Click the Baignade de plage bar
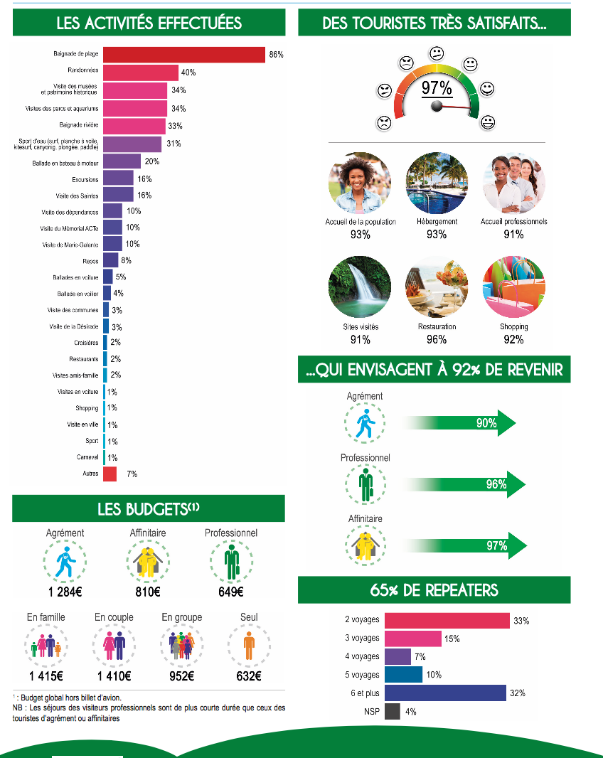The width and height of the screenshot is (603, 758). click(x=184, y=55)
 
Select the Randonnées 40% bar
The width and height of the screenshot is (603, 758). click(x=141, y=73)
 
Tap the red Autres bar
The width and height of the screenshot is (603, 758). click(x=110, y=474)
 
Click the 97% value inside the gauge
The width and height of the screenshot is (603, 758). click(x=437, y=88)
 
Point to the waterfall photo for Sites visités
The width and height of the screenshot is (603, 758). click(x=360, y=287)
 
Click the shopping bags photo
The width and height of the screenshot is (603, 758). click(x=513, y=287)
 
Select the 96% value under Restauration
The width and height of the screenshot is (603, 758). click(x=437, y=339)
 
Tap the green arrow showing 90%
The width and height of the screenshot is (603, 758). click(x=459, y=423)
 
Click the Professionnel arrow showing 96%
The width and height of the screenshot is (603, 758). click(x=464, y=484)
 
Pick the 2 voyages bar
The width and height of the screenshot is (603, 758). click(x=447, y=621)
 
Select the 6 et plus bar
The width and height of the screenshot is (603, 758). click(x=445, y=693)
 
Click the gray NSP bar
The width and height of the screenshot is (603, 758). click(x=393, y=712)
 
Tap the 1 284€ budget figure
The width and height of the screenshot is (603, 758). click(x=65, y=592)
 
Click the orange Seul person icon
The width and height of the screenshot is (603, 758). click(x=249, y=646)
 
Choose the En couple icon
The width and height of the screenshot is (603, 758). click(x=114, y=646)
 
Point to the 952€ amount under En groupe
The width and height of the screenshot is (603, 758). click(x=182, y=676)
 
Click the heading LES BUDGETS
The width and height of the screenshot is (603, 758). click(x=148, y=509)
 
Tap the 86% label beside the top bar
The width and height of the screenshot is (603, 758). click(x=276, y=55)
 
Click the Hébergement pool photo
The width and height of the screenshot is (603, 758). click(x=437, y=183)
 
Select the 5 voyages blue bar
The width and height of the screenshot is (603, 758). click(x=404, y=675)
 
